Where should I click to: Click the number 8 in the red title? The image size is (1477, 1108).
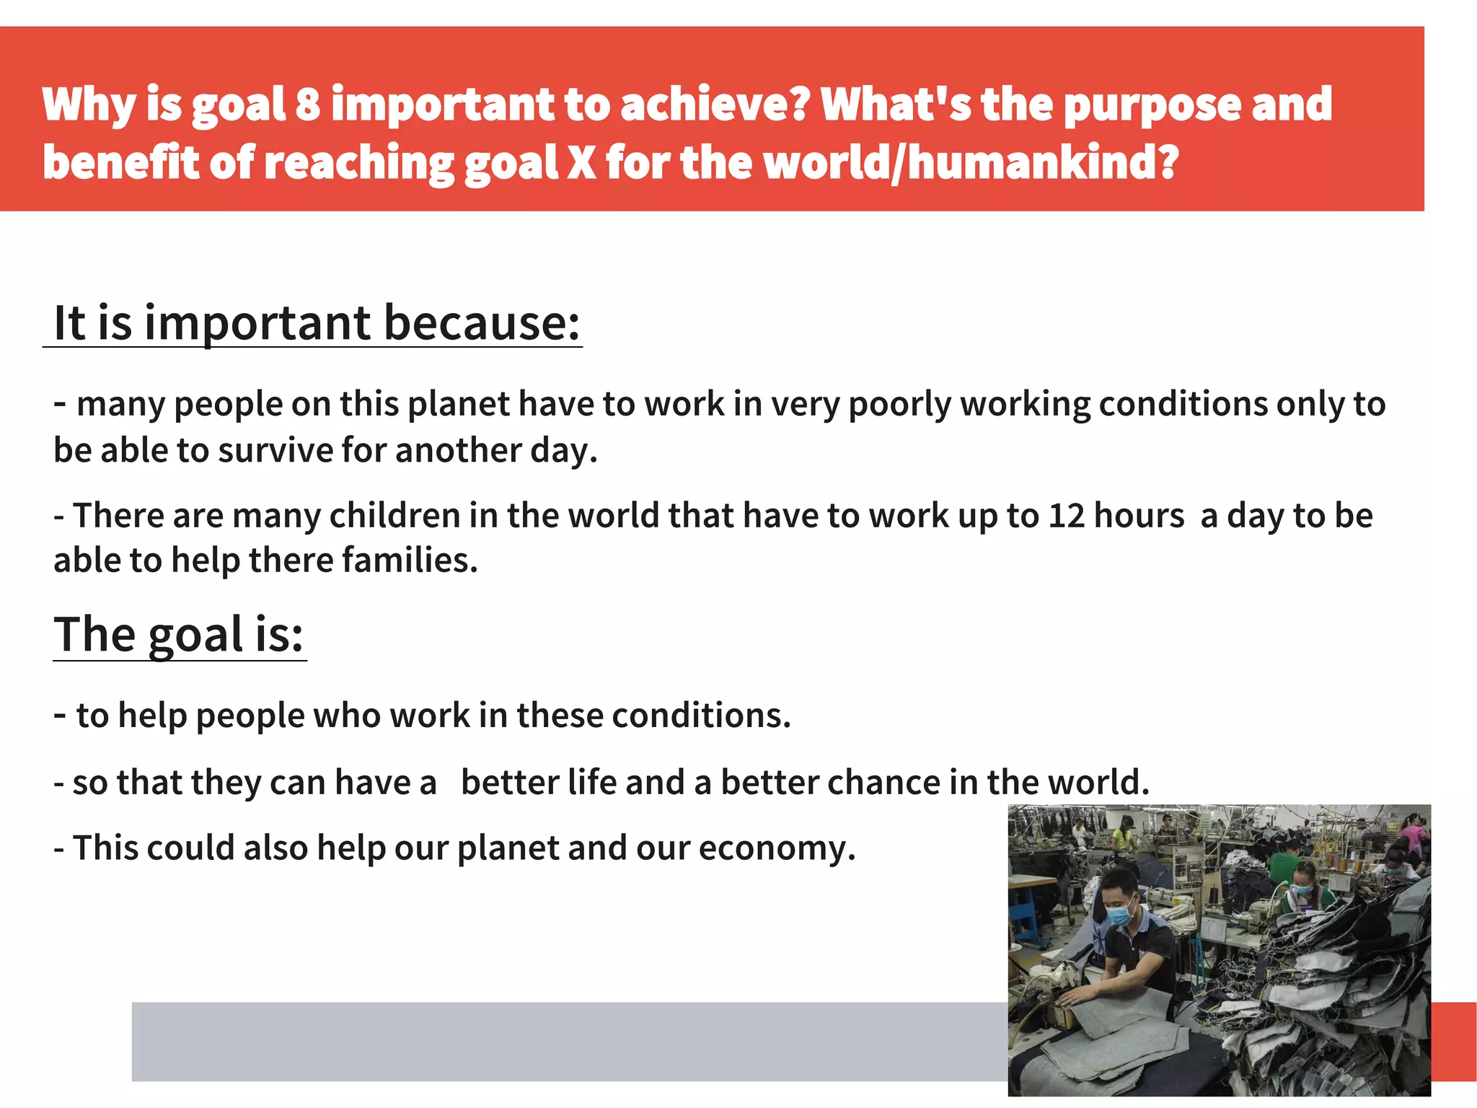[x=308, y=105]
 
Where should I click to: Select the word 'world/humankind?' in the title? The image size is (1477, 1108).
[x=971, y=162]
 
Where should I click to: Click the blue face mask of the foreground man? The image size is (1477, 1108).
[x=1120, y=915]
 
